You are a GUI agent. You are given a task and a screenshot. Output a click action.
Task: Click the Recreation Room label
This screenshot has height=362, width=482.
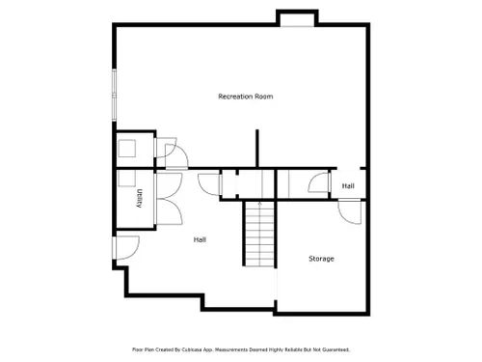[246, 97]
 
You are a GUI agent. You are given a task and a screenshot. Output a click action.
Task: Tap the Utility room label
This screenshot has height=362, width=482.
[139, 198]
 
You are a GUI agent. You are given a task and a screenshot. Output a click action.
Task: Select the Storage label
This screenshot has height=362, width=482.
[321, 259]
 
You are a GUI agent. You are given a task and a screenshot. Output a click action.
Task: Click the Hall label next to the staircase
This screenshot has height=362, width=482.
[200, 239]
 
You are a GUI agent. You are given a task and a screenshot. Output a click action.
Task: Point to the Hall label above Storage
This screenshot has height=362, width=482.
[348, 186]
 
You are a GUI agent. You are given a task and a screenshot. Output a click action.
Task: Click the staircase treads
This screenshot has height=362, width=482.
[260, 234]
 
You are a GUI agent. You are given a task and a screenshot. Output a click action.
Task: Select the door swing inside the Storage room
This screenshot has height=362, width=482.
[350, 211]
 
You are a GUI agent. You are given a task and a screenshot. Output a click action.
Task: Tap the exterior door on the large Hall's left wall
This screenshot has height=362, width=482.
[126, 248]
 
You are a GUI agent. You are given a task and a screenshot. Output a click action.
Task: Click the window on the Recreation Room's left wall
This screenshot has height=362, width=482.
[114, 95]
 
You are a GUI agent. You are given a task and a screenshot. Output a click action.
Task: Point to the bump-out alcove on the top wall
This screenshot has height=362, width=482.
[297, 18]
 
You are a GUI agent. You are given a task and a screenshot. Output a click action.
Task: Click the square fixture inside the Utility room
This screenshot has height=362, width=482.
[126, 179]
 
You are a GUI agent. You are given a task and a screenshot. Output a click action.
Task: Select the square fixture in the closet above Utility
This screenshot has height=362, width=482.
[127, 149]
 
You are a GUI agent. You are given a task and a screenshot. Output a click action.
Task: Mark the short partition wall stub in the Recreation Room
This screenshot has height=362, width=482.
[257, 149]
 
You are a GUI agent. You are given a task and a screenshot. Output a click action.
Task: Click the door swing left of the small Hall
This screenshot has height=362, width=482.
[319, 182]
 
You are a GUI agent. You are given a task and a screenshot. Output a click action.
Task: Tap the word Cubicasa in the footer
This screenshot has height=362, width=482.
[193, 349]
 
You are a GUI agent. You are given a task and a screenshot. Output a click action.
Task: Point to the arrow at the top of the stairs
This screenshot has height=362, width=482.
[260, 204]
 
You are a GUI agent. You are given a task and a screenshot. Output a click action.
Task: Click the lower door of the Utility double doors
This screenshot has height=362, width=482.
[169, 211]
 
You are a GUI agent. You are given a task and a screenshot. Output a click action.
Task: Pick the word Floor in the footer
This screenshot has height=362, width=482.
[137, 349]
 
